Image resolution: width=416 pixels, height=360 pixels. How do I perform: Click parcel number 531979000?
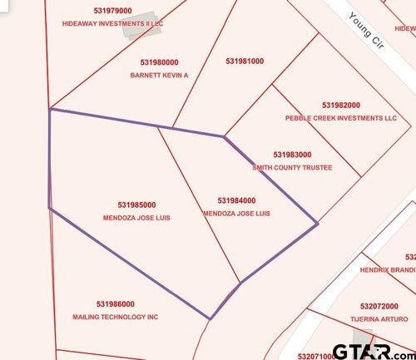coord(90,11)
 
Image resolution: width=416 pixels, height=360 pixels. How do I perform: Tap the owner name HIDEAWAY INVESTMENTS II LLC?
coord(113,24)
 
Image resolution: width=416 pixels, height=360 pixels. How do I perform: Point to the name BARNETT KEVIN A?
coord(161,75)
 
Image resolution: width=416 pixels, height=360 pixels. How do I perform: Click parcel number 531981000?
coord(245,61)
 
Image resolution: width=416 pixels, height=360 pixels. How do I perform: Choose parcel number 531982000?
coord(341,106)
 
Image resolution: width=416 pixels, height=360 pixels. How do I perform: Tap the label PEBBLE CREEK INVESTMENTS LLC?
coord(341,118)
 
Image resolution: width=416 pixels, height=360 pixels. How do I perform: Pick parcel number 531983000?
coord(292,155)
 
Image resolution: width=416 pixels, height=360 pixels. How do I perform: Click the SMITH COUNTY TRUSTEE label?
coord(292,167)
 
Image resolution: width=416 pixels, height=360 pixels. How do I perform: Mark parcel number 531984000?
coord(236,200)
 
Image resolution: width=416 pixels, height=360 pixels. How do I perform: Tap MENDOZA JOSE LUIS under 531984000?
coord(237,213)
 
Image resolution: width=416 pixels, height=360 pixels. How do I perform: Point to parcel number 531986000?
coord(115,304)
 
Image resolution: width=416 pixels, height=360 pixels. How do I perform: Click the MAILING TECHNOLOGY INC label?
coord(115,317)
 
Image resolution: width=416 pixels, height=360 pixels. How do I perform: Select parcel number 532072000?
coord(380,306)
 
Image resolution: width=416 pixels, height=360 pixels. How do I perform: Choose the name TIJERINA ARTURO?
coord(380,318)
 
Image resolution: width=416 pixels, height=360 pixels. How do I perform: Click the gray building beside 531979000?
coord(137,25)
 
